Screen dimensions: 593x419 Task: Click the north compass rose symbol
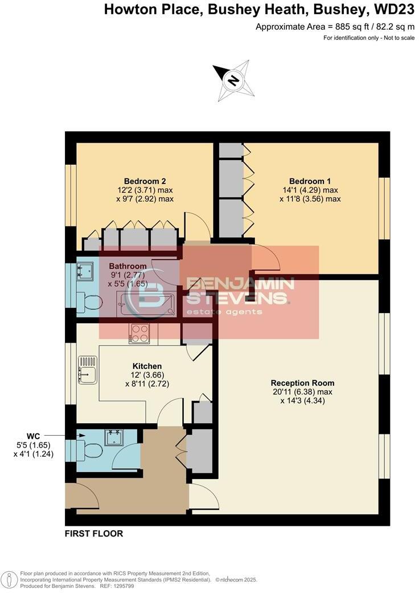tap(232, 80)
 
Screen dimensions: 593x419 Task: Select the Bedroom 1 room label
tap(310, 181)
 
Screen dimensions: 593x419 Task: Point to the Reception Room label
tap(302, 383)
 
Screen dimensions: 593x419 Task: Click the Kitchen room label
tap(147, 366)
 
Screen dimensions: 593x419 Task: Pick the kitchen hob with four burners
tap(139, 334)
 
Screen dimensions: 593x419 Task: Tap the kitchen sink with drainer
tap(87, 369)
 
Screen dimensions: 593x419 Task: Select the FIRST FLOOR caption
tap(93, 534)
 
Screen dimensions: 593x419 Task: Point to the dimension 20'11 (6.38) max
tap(302, 392)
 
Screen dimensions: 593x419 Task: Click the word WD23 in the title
tap(396, 10)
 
